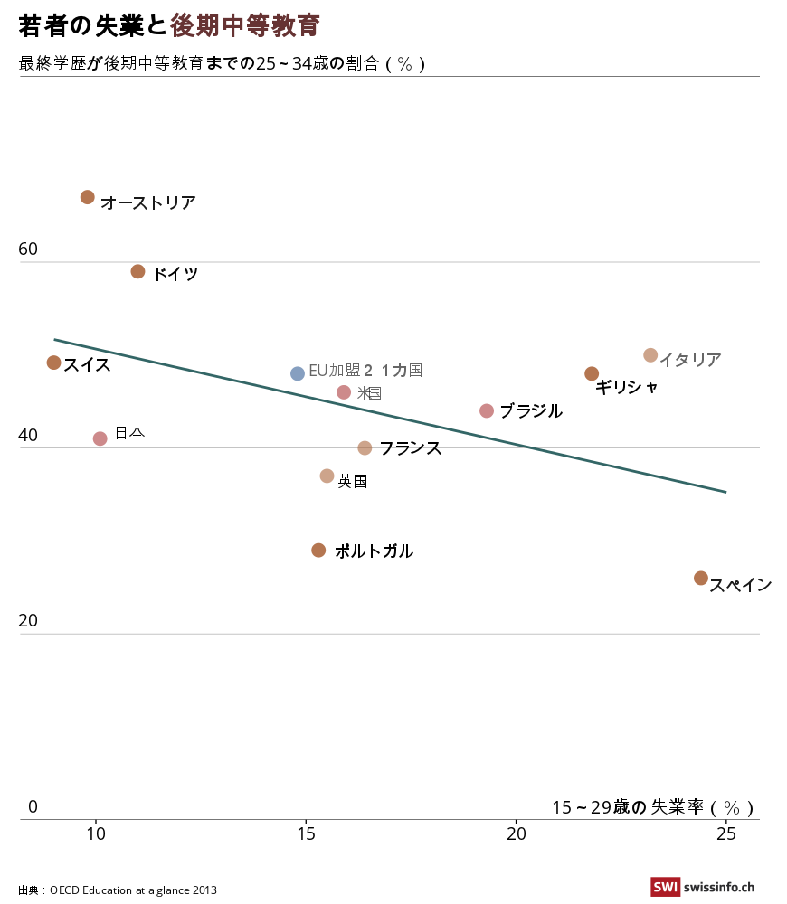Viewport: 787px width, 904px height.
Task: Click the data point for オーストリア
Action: point(88,197)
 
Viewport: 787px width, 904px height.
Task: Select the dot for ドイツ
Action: point(138,271)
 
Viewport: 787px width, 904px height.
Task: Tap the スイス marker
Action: point(54,363)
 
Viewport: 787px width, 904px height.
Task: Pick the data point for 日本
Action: point(100,438)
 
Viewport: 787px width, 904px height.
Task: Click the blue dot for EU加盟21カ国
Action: point(298,373)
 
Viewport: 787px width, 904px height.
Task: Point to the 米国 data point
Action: point(344,392)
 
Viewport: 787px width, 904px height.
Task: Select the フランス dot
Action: point(365,447)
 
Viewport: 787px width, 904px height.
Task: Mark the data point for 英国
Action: point(327,476)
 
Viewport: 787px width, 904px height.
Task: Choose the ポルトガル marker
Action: point(318,550)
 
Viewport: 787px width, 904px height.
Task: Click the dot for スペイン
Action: point(701,578)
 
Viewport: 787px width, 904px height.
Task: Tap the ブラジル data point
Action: point(487,410)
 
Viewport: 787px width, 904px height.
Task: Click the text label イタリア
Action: point(689,360)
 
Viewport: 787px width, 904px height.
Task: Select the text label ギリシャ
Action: point(626,387)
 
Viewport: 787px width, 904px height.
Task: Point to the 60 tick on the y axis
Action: point(29,250)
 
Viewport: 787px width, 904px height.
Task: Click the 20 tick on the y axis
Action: point(29,621)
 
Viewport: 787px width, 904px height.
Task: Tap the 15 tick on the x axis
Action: point(306,833)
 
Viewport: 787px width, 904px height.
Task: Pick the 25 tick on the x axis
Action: point(725,833)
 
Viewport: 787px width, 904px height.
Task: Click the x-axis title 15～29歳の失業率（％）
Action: point(652,807)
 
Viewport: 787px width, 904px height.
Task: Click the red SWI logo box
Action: point(665,888)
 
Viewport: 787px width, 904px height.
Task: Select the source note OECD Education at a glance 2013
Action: point(133,890)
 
